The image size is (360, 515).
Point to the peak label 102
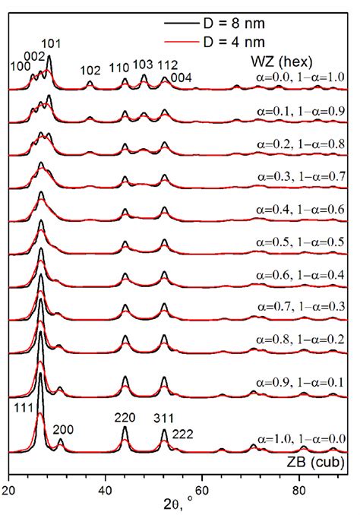tap(91, 71)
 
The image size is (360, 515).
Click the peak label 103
tap(144, 65)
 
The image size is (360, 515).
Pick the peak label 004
tap(181, 77)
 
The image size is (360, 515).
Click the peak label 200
tap(63, 430)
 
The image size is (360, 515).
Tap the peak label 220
tap(125, 416)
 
